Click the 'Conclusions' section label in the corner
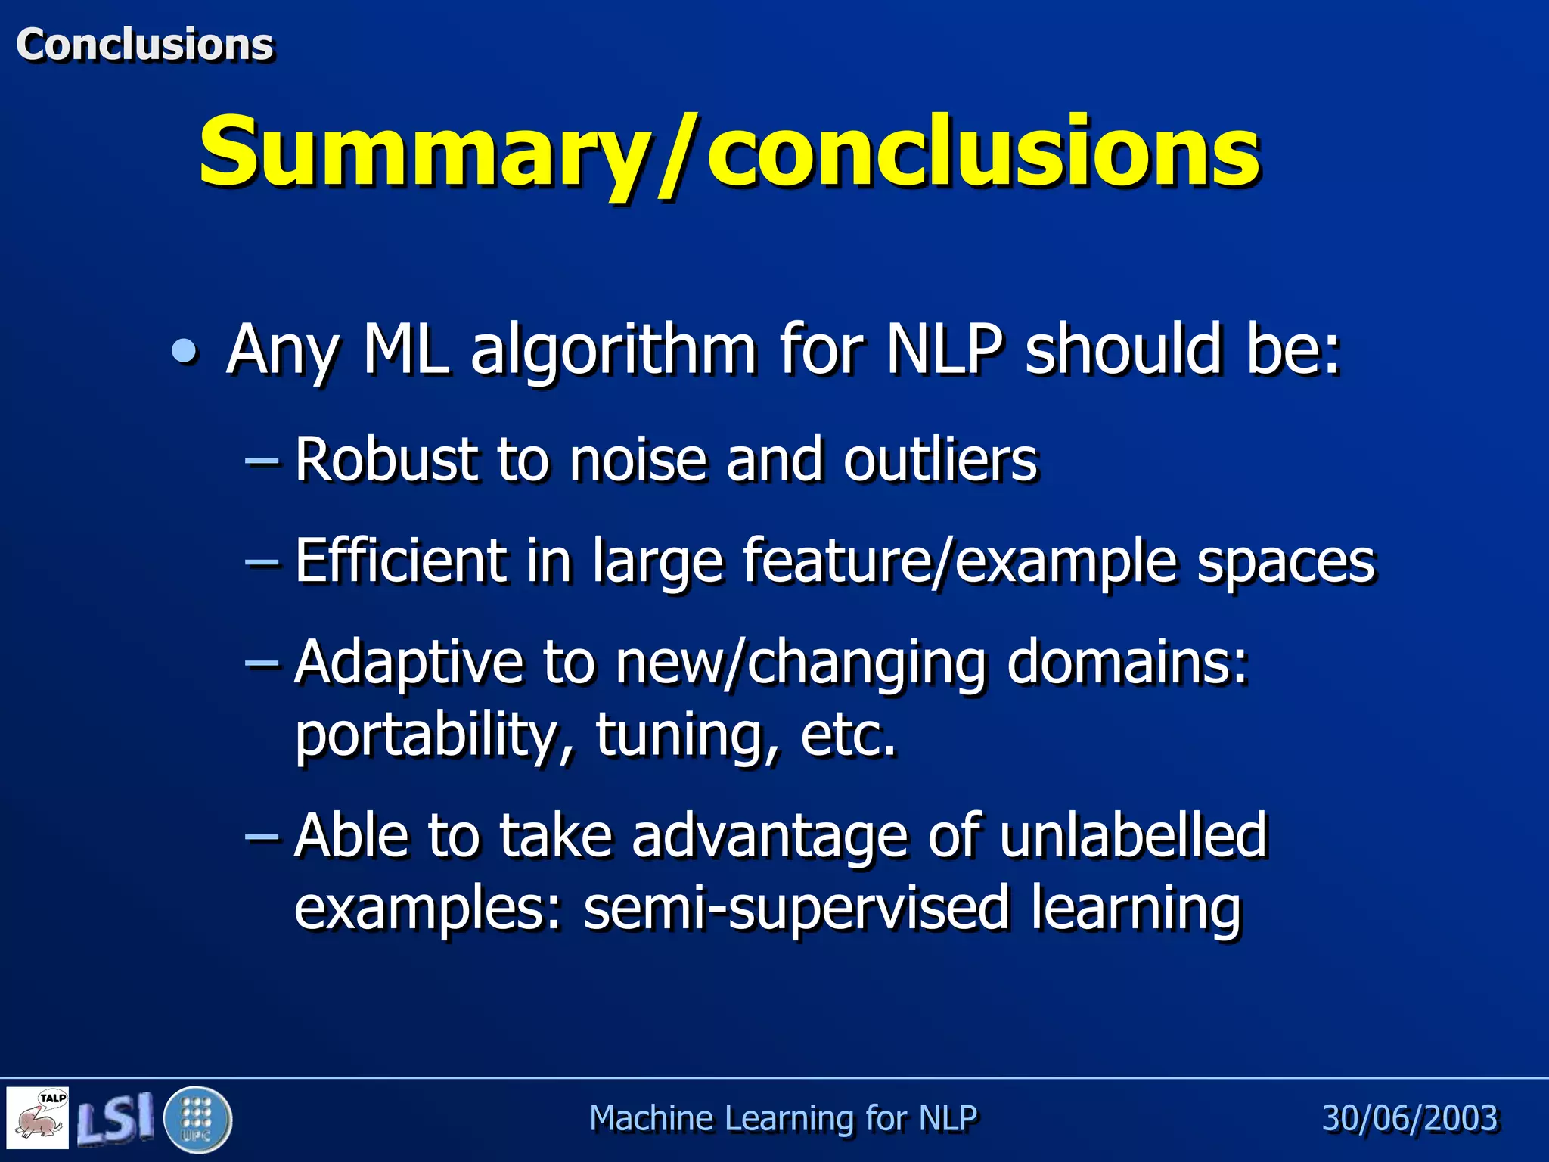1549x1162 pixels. point(144,44)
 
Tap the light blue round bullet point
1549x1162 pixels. point(184,350)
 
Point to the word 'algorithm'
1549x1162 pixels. point(613,350)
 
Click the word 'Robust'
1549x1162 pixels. point(386,459)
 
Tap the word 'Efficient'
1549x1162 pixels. point(400,561)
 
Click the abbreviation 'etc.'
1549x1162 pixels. point(848,735)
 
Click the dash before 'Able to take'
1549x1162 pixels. point(262,835)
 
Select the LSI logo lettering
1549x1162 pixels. point(115,1118)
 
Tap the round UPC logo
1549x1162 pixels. point(197,1119)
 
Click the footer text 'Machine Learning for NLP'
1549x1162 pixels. point(783,1118)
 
